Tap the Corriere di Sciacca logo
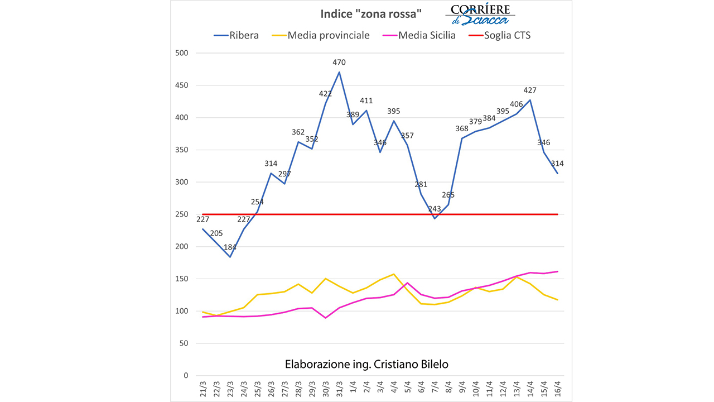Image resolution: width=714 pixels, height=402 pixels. point(480,15)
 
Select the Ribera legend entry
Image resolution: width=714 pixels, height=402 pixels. point(237,35)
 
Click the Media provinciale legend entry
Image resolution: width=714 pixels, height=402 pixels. point(321,35)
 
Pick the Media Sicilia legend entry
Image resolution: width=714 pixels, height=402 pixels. point(419,35)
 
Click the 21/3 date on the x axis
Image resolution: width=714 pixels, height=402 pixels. point(202,388)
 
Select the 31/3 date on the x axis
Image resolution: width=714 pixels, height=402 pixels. point(339,388)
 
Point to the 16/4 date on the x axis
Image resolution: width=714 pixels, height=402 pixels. point(557,388)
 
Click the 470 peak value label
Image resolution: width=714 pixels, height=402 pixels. point(339,63)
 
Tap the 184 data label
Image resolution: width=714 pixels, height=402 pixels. point(229,247)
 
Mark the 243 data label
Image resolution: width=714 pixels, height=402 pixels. point(434,209)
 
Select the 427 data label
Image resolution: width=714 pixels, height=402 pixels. point(530,90)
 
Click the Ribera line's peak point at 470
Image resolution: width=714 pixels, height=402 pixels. point(339,72)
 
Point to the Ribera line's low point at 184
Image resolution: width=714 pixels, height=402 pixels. point(230,257)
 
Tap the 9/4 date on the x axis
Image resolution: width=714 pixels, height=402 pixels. point(462,388)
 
